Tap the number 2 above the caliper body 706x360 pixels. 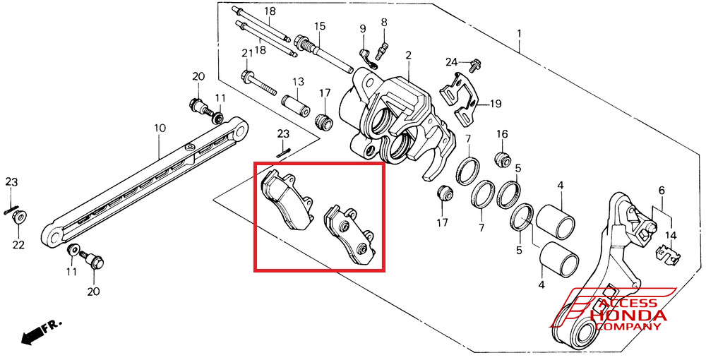pos(408,55)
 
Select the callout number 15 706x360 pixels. pos(320,26)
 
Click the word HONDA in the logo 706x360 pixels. pos(628,316)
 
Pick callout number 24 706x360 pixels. pos(452,62)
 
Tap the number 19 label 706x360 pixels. pos(495,104)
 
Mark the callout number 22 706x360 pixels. pos(18,245)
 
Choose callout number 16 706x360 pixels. pos(502,135)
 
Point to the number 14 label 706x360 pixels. pos(670,235)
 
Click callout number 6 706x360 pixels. pos(662,191)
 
